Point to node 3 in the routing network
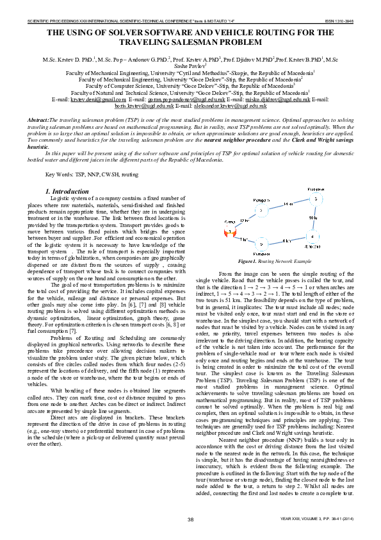point(315,199)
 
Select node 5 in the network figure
point(261,244)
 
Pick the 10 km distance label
point(312,219)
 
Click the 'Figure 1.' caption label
point(247,262)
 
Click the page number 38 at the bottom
point(190,518)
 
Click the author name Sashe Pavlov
point(191,65)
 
